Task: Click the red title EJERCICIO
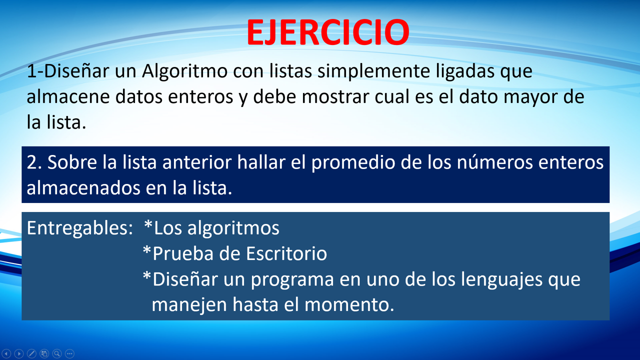pos(328,32)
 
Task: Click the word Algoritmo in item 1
pos(184,71)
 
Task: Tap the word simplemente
pos(373,71)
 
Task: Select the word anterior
pos(197,162)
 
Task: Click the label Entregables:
pos(80,228)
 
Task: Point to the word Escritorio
pos(286,253)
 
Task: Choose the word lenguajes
pos(501,279)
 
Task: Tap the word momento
pos(349,304)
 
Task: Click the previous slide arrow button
pos(6,353)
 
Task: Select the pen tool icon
pos(31,353)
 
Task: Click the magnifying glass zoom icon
pos(57,353)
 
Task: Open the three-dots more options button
pos(69,353)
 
